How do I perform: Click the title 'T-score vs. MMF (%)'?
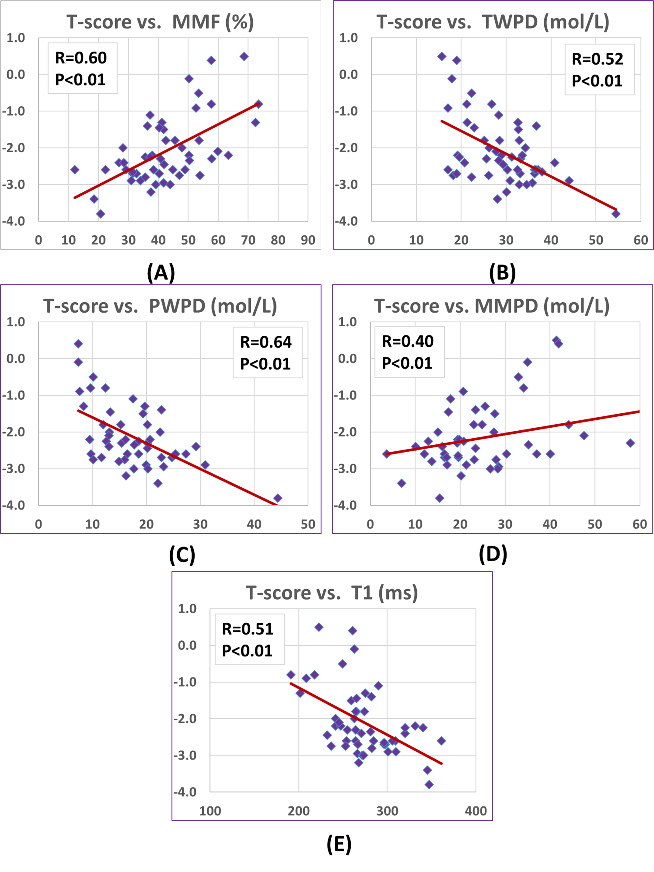pyautogui.click(x=160, y=22)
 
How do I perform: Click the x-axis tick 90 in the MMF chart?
pyautogui.click(x=308, y=240)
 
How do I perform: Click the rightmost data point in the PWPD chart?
pyautogui.click(x=277, y=498)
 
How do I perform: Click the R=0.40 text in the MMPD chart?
pyautogui.click(x=408, y=341)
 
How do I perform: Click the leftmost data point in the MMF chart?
pyautogui.click(x=74, y=170)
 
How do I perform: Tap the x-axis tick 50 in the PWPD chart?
pyautogui.click(x=308, y=524)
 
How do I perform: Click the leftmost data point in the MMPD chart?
pyautogui.click(x=386, y=454)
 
